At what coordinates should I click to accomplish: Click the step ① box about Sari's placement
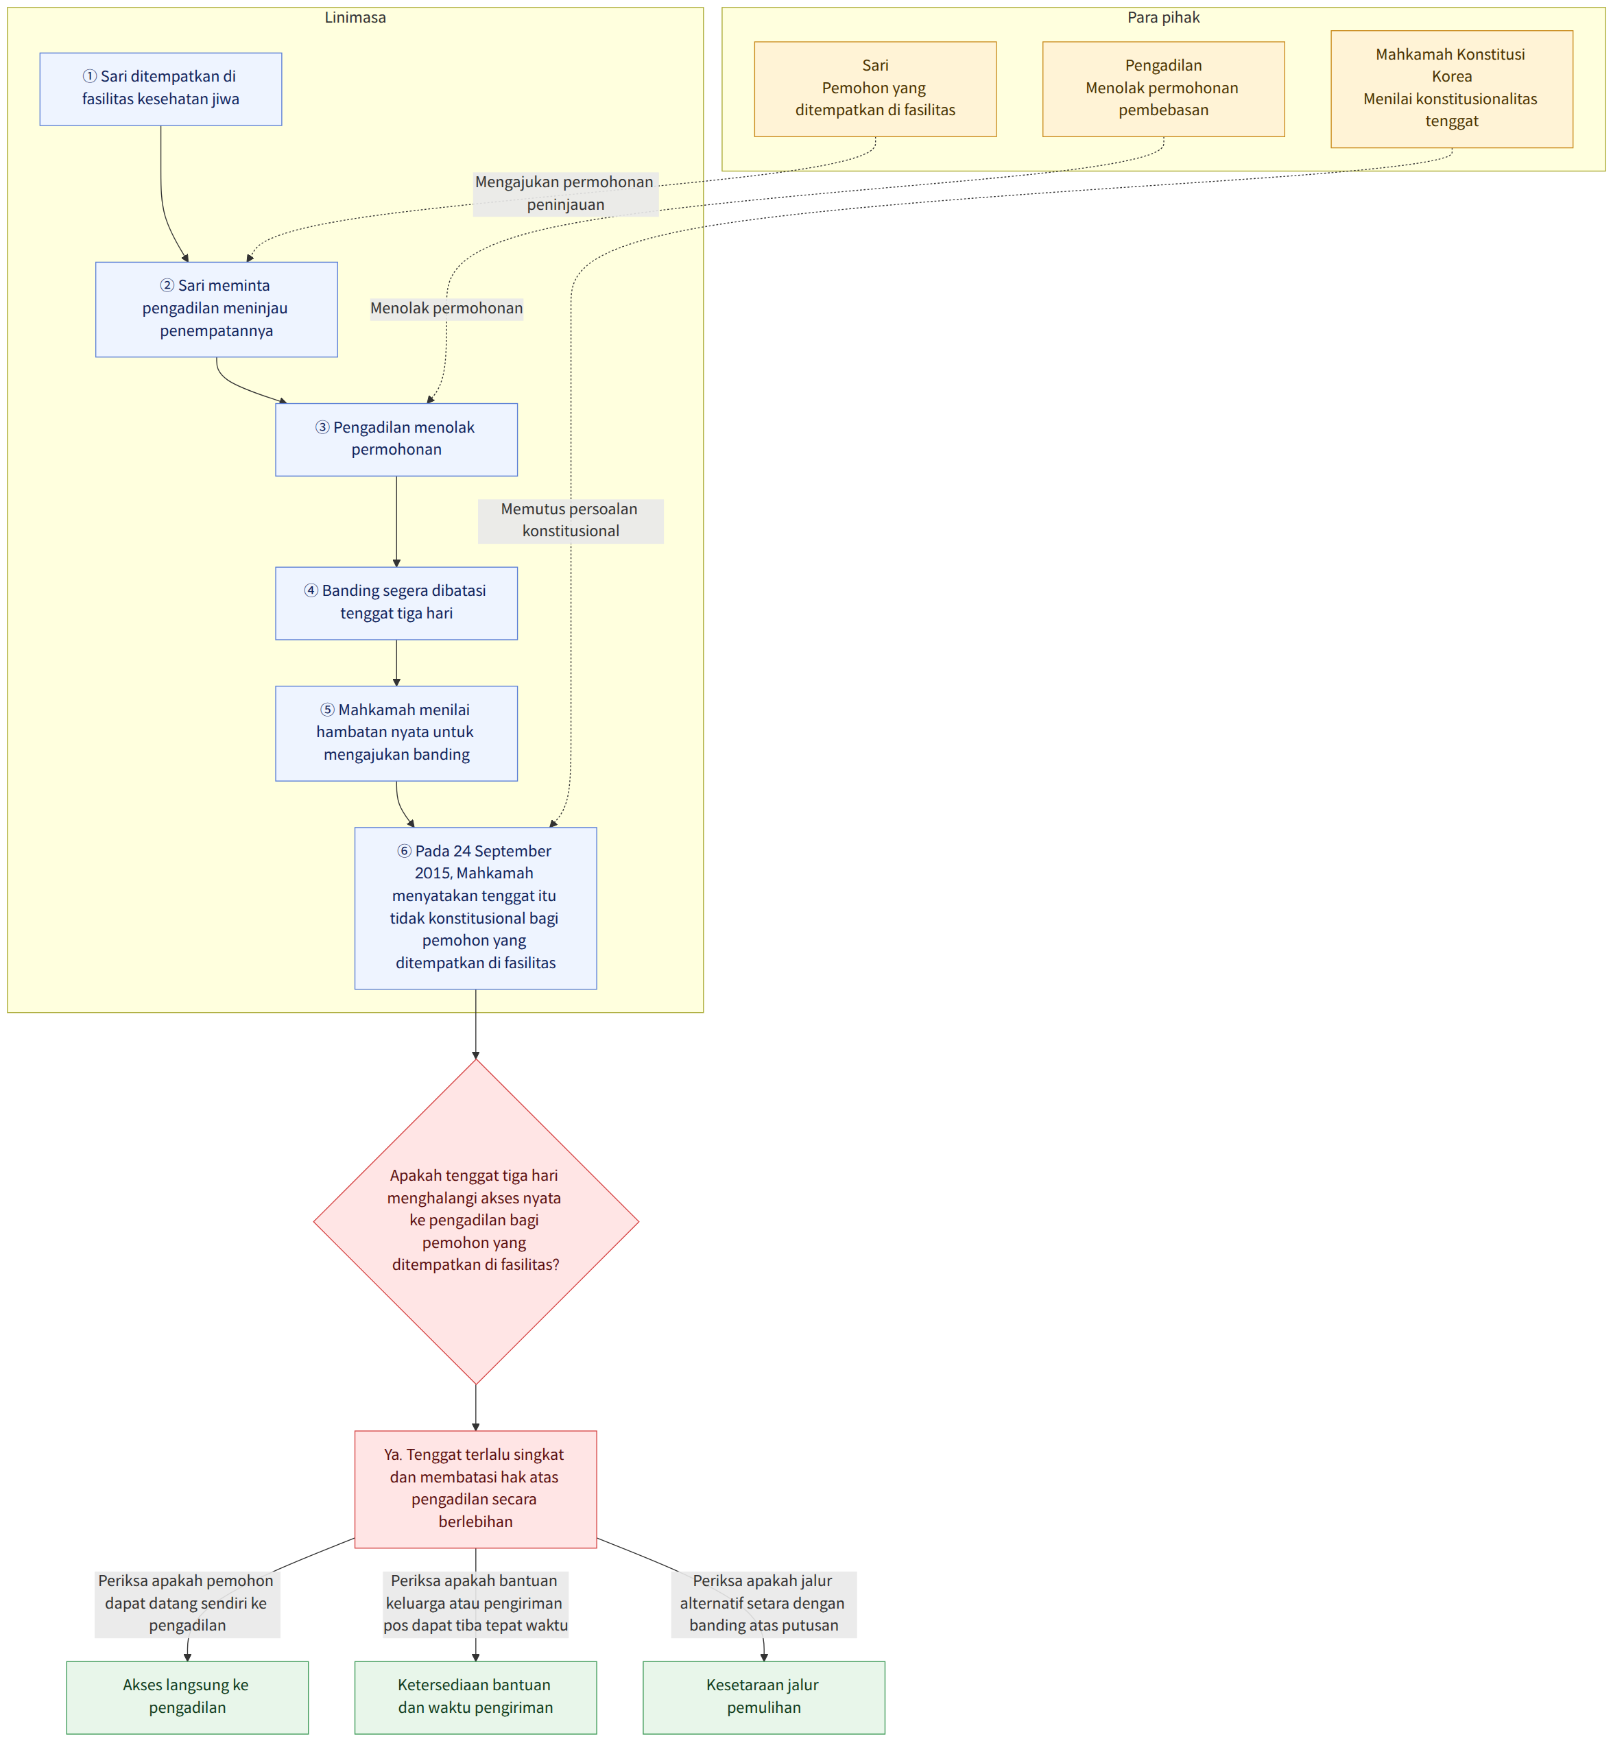tap(160, 88)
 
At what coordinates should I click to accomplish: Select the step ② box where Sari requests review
tap(216, 309)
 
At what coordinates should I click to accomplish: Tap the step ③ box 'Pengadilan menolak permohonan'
tap(396, 440)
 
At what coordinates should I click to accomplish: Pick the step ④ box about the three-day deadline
tap(396, 603)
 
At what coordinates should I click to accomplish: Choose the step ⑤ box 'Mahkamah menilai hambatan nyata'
tap(396, 733)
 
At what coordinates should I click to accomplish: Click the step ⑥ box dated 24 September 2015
tap(475, 908)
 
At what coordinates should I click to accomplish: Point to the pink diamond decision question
tap(475, 1221)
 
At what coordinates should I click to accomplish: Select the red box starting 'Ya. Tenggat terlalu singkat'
tap(475, 1489)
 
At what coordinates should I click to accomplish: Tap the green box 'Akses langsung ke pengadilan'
tap(187, 1697)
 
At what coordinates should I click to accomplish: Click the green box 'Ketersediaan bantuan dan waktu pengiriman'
tap(475, 1697)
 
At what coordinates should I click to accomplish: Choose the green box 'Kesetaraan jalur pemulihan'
tap(764, 1697)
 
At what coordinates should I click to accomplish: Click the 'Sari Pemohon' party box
tap(875, 88)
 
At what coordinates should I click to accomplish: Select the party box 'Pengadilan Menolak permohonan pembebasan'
tap(1164, 88)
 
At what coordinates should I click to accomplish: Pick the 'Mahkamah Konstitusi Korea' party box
tap(1452, 88)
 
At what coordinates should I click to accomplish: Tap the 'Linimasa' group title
tap(355, 18)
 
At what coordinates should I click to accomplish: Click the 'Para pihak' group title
tap(1164, 18)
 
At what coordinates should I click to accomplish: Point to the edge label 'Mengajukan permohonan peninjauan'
tap(565, 193)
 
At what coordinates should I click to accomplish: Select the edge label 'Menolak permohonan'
tap(446, 309)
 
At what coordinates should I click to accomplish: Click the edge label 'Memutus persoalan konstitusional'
tap(571, 520)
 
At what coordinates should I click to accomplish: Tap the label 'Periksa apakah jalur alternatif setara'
tap(764, 1603)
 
